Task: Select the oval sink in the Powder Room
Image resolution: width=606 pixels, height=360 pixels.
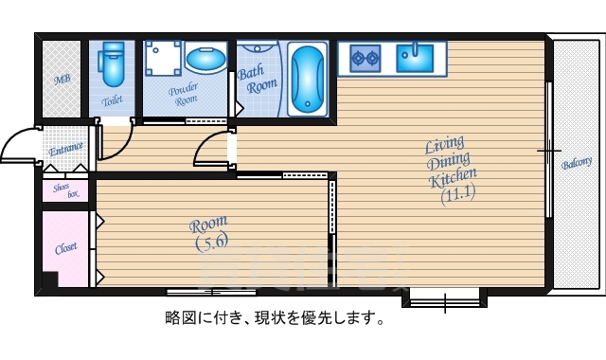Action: click(206, 61)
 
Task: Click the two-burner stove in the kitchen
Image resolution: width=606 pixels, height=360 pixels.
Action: click(365, 58)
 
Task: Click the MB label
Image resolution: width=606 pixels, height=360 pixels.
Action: click(62, 80)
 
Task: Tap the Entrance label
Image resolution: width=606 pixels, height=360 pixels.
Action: click(65, 148)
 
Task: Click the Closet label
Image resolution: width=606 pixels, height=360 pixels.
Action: click(65, 248)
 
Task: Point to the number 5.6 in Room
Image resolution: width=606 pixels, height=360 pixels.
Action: click(210, 243)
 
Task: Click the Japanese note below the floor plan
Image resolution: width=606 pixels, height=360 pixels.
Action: click(275, 318)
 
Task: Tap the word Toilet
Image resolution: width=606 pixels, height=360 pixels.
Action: click(113, 99)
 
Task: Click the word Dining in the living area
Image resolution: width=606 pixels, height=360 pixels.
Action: click(445, 162)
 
